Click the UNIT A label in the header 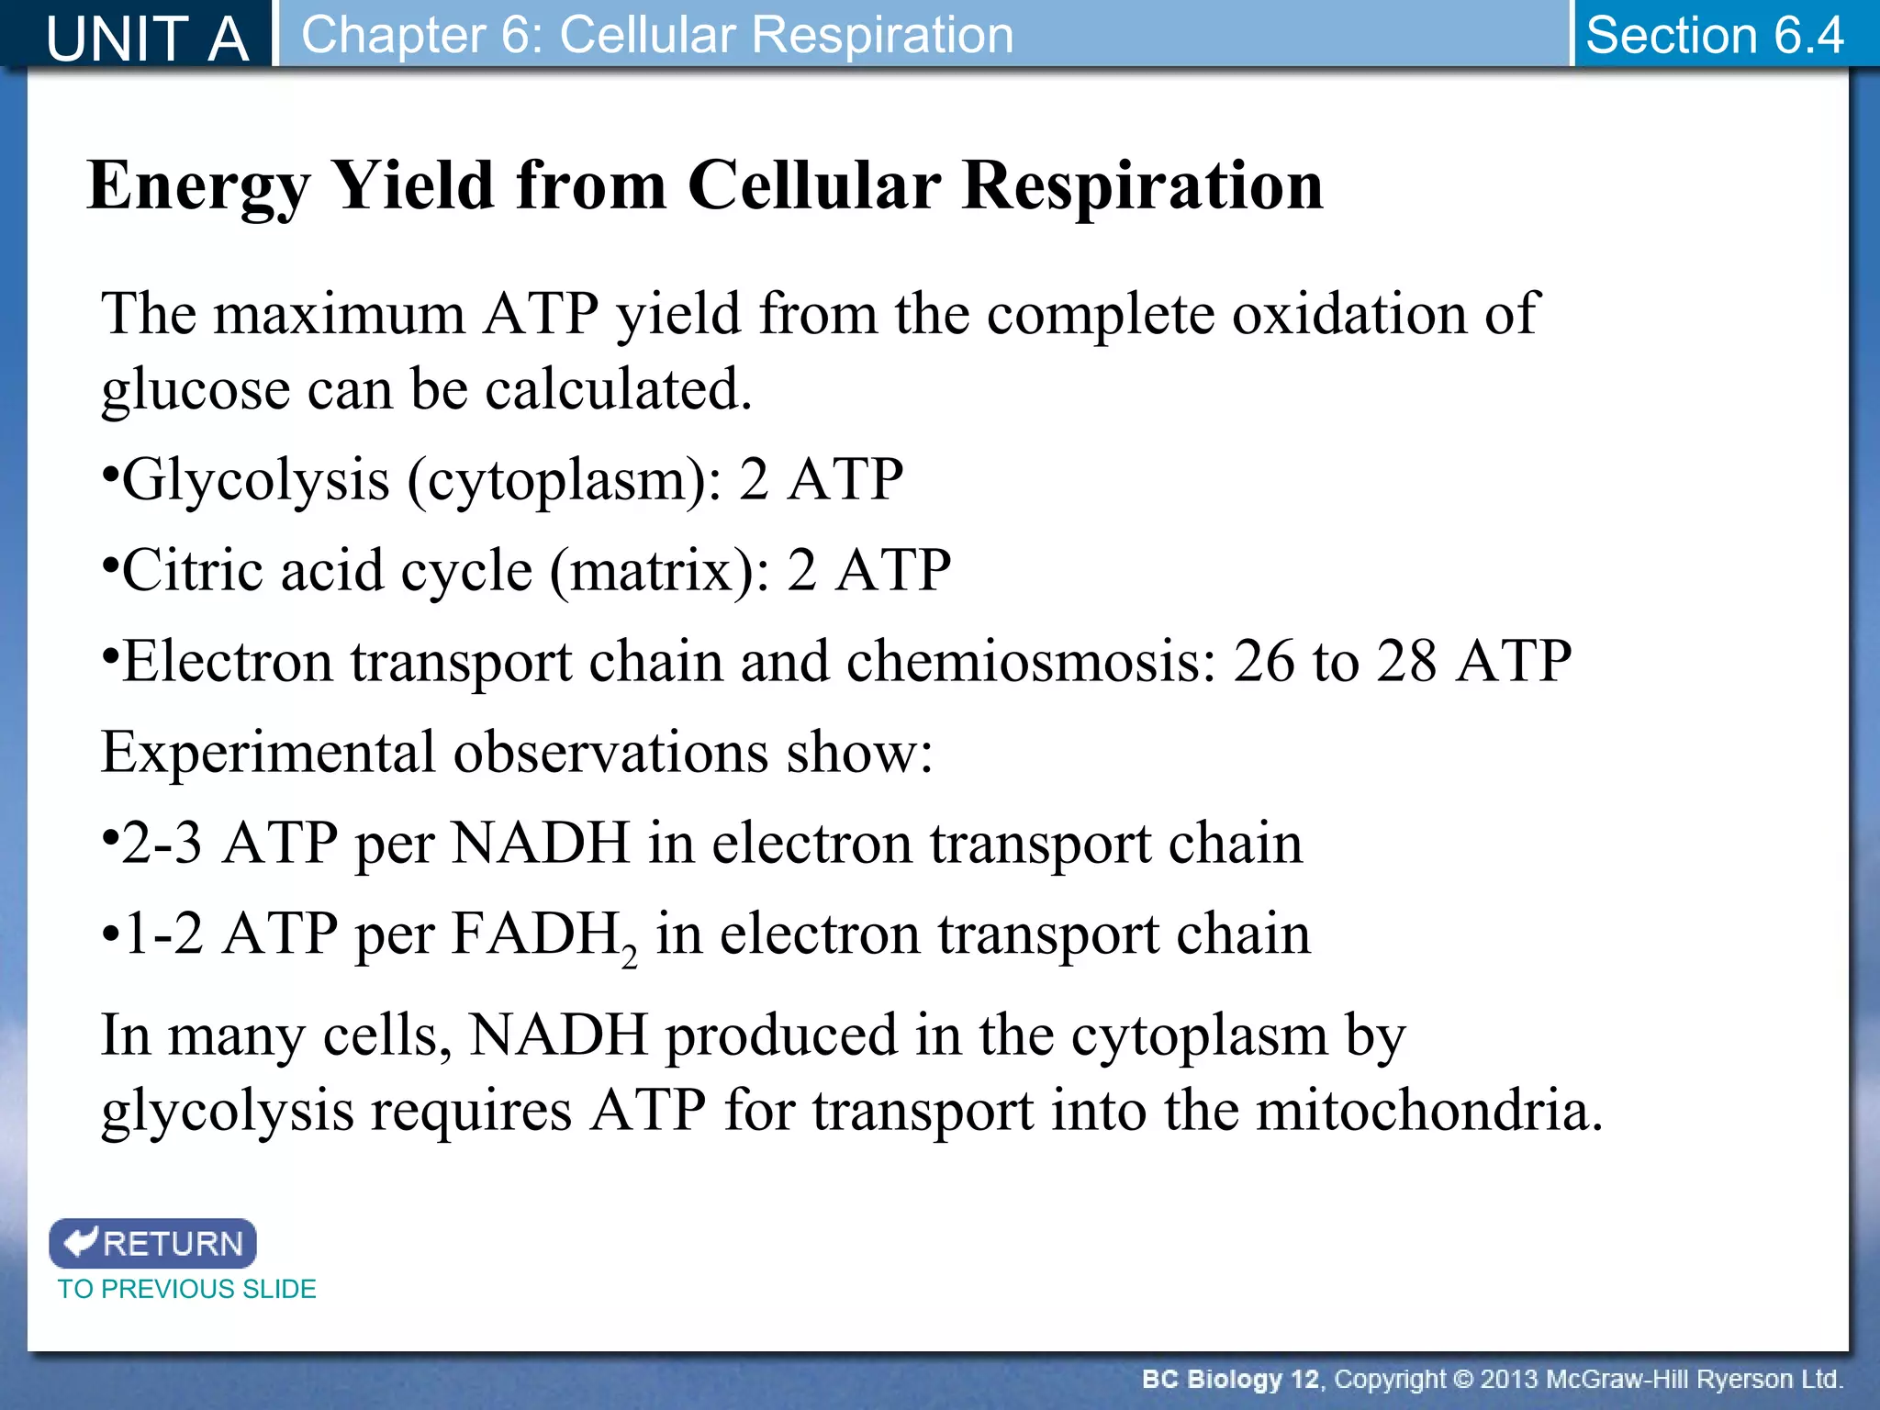[x=147, y=39]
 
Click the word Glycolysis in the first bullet [x=256, y=480]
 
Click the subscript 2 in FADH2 [x=629, y=957]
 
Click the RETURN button [x=153, y=1243]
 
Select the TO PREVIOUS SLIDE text [x=187, y=1289]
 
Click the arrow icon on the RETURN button [x=81, y=1242]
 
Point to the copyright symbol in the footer [x=1462, y=1379]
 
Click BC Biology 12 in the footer [x=1229, y=1379]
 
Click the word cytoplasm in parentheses [x=559, y=480]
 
